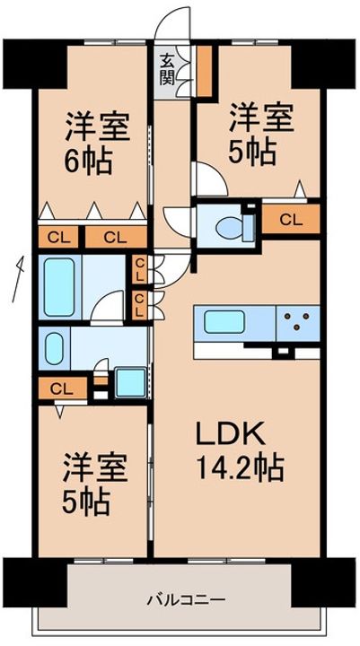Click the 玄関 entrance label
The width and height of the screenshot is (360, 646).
coord(166,70)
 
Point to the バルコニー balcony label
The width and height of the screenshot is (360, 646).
coord(187,599)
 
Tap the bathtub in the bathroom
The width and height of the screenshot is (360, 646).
coord(59,287)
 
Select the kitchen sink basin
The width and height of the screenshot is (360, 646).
coord(224,322)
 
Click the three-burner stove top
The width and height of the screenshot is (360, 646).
coord(298,323)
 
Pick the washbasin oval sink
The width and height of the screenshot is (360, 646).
coord(54,348)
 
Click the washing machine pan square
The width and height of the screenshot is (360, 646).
coord(130,383)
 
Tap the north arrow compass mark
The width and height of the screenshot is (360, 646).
coord(18,279)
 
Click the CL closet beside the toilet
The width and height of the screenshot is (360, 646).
coord(291,220)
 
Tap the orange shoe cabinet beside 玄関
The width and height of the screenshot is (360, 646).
coord(204,71)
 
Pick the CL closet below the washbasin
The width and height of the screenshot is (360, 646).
coord(63,388)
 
